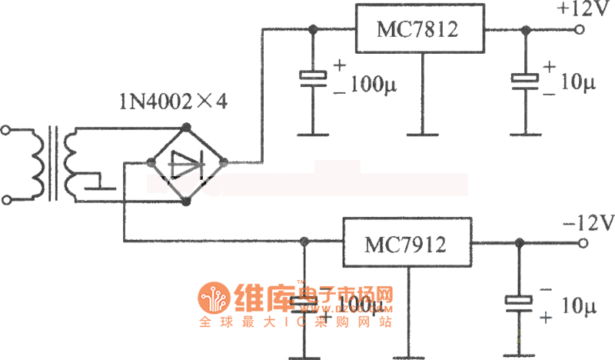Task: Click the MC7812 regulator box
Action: (x=417, y=30)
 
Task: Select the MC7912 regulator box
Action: (x=405, y=244)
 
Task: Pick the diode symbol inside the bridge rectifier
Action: (x=185, y=163)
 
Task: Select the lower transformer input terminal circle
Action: (x=8, y=201)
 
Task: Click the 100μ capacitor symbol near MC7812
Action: (x=313, y=76)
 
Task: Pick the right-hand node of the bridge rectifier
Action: (x=224, y=162)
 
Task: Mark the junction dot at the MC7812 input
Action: (x=313, y=30)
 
